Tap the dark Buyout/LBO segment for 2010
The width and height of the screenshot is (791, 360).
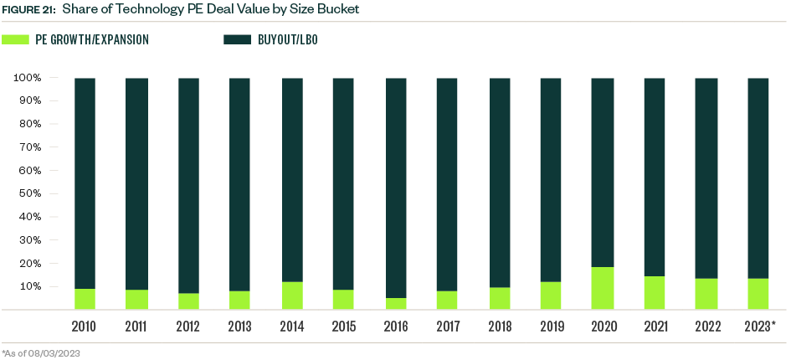[85, 183]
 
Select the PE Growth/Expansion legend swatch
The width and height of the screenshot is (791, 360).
[15, 39]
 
